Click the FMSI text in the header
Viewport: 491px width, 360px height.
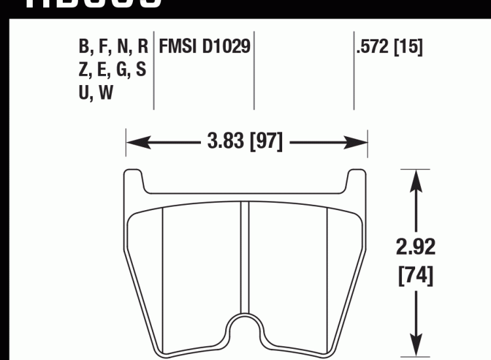(x=179, y=48)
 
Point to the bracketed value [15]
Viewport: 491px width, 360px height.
(x=407, y=48)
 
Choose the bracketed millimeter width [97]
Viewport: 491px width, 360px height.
(x=266, y=141)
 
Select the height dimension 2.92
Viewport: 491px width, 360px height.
(x=415, y=247)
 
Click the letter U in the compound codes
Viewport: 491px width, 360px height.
(x=84, y=94)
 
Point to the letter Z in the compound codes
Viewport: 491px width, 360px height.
(x=84, y=71)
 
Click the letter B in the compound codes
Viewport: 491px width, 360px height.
(x=84, y=48)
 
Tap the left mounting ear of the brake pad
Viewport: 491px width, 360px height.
(x=132, y=183)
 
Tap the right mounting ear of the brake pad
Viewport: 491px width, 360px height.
(x=357, y=183)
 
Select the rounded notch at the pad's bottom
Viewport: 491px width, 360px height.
(x=245, y=334)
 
